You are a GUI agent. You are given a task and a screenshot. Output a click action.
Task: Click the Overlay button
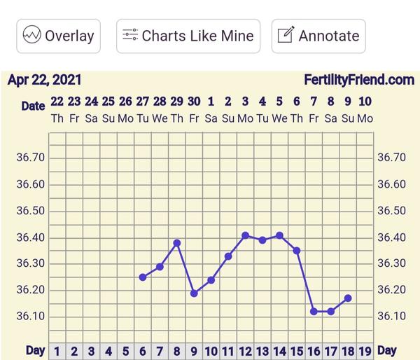click(x=59, y=36)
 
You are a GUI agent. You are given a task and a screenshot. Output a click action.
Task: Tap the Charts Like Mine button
click(x=188, y=36)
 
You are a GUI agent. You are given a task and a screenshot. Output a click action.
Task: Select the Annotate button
click(x=318, y=36)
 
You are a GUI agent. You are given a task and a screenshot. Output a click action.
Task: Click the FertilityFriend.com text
click(x=359, y=80)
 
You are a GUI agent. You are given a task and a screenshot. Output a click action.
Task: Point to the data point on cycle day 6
click(x=143, y=277)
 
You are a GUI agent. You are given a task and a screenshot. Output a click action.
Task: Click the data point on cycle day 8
click(x=177, y=243)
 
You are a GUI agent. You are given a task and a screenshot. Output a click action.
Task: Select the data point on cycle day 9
click(x=194, y=293)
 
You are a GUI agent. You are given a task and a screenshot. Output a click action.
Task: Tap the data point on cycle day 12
click(x=246, y=235)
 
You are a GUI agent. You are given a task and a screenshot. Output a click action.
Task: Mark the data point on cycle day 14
click(x=280, y=235)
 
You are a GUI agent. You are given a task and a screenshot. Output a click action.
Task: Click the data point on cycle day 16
click(x=314, y=311)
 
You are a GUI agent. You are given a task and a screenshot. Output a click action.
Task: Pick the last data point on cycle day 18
click(x=348, y=298)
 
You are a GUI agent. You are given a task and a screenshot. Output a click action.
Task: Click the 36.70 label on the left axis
click(x=30, y=158)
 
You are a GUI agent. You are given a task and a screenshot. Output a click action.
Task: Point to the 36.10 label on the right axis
click(x=391, y=317)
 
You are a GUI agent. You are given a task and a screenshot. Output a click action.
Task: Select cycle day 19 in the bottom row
click(x=365, y=351)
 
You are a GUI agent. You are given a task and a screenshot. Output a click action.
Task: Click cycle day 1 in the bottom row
click(x=57, y=351)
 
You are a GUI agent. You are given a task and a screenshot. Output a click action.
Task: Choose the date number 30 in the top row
click(x=194, y=102)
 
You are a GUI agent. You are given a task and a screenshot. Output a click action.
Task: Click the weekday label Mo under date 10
click(x=365, y=118)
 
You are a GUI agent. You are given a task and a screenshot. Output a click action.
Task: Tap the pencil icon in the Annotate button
click(x=286, y=36)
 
